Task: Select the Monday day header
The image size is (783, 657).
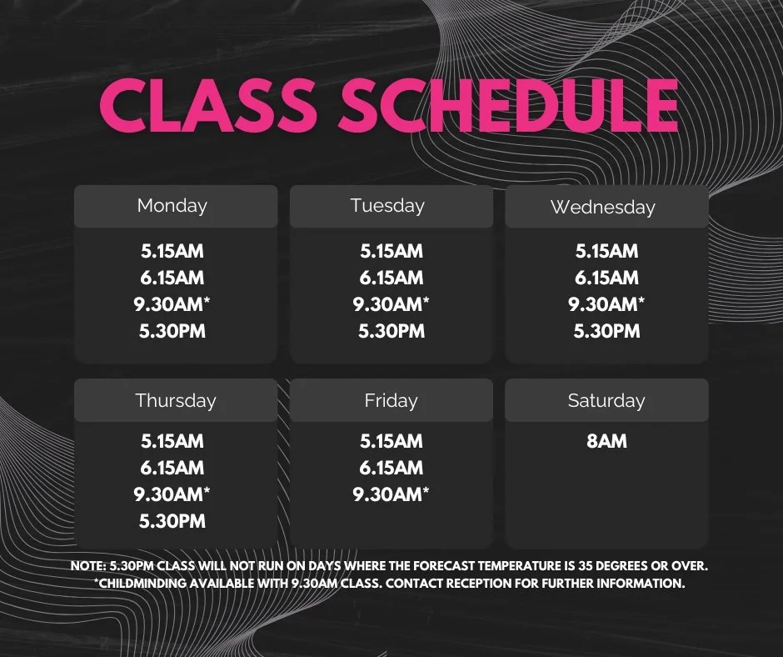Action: tap(172, 205)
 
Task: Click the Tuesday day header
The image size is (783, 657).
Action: tap(387, 205)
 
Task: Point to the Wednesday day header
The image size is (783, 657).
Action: tap(602, 207)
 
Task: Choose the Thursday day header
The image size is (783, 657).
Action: tap(175, 400)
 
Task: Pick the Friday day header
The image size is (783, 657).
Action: tap(391, 400)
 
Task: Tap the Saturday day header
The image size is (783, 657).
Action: tap(606, 400)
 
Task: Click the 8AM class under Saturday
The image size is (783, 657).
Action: tap(606, 441)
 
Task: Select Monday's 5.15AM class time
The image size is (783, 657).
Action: tap(172, 251)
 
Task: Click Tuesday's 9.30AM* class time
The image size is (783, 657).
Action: tap(391, 304)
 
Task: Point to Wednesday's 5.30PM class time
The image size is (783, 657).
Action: tap(606, 331)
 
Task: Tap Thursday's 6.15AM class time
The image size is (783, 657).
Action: tap(172, 468)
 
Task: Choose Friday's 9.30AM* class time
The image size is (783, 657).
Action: tap(391, 494)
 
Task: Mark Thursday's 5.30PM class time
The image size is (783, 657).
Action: tap(172, 521)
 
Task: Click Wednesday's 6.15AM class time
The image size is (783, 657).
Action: tap(606, 278)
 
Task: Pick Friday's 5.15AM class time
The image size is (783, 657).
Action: tap(391, 441)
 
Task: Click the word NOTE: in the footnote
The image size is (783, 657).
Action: tap(88, 566)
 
